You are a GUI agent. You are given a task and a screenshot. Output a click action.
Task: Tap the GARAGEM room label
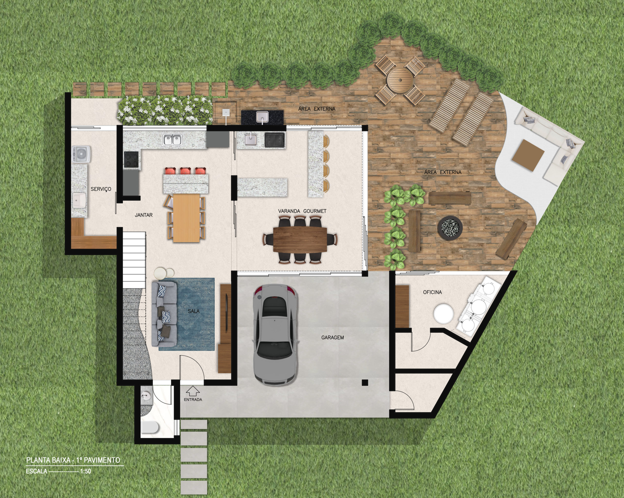coord(332,338)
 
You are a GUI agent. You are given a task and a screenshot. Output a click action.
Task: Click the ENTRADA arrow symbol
coord(193,391)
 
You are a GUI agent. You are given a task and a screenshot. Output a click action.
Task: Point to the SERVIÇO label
coord(101,189)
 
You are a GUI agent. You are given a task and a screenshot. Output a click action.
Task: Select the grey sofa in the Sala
coord(164,314)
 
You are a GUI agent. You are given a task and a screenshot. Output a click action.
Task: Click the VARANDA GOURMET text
coord(302,211)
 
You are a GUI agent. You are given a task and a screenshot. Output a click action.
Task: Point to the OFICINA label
coord(432,292)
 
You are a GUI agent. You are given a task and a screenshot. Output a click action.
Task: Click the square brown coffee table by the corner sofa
coord(528,155)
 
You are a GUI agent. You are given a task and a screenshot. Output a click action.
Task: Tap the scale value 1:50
coord(86,479)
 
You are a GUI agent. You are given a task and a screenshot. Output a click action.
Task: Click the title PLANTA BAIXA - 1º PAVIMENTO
coord(73,460)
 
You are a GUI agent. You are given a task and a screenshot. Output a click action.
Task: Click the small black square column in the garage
coord(365,383)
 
